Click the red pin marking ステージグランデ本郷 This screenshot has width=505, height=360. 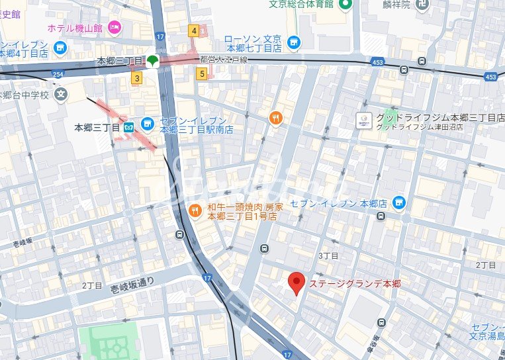tap(297, 283)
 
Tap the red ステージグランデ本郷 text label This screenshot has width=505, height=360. tap(355, 283)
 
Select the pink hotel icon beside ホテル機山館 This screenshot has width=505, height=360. tap(115, 27)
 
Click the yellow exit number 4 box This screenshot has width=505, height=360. tap(194, 30)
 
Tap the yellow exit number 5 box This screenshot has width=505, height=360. tap(202, 74)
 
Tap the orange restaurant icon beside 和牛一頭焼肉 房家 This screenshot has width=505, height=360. tap(195, 211)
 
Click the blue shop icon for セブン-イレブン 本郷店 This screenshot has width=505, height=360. tap(398, 202)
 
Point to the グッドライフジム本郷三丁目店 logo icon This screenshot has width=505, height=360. tap(363, 120)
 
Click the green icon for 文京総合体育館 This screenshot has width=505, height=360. tap(344, 5)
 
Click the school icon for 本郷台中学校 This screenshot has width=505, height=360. tap(62, 95)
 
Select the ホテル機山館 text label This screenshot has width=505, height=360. tap(75, 28)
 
